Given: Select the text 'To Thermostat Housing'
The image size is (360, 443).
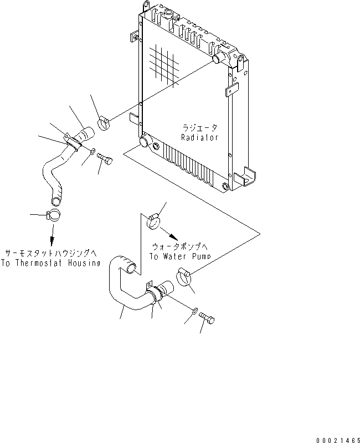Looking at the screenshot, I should (x=50, y=264).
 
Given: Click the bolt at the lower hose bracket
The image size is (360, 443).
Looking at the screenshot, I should (x=207, y=318).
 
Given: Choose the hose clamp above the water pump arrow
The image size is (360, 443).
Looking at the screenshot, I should (x=153, y=221).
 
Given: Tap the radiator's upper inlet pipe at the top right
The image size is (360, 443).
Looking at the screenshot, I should (x=218, y=58).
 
